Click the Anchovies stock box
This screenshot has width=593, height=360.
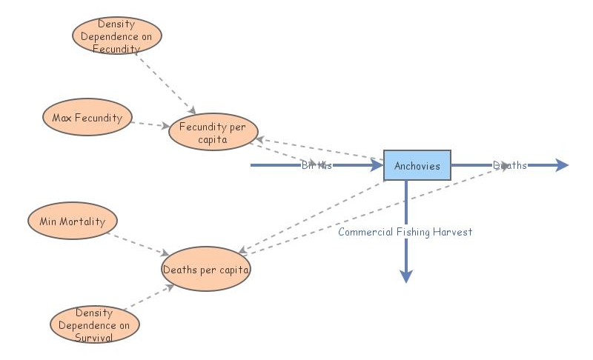tap(417, 165)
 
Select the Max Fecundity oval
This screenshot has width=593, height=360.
tap(87, 117)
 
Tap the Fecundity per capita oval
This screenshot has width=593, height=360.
tap(213, 132)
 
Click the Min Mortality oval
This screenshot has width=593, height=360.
tap(73, 221)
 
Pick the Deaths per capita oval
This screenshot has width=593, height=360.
tap(206, 269)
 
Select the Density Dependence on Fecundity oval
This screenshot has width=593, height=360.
tap(117, 36)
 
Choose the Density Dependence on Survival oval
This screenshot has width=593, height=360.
tap(95, 324)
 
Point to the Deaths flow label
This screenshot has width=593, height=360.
tap(510, 165)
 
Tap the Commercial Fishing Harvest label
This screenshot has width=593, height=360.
tap(405, 232)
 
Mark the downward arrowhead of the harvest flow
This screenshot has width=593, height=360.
tap(405, 276)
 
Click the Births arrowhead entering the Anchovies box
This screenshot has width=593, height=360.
tap(376, 165)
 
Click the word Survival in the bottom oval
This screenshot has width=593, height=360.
tap(94, 337)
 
